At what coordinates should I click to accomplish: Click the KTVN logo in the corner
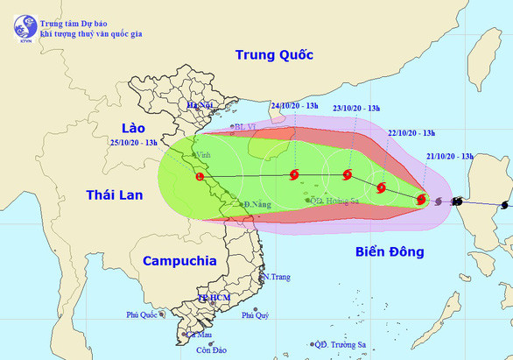click(21, 26)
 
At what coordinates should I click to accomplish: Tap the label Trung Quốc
click(274, 55)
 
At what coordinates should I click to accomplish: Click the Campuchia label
click(179, 260)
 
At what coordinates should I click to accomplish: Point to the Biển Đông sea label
click(390, 252)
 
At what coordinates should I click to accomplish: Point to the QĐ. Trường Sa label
click(351, 344)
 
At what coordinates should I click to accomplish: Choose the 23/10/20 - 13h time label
click(356, 107)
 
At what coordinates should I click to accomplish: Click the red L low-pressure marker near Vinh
click(200, 177)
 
